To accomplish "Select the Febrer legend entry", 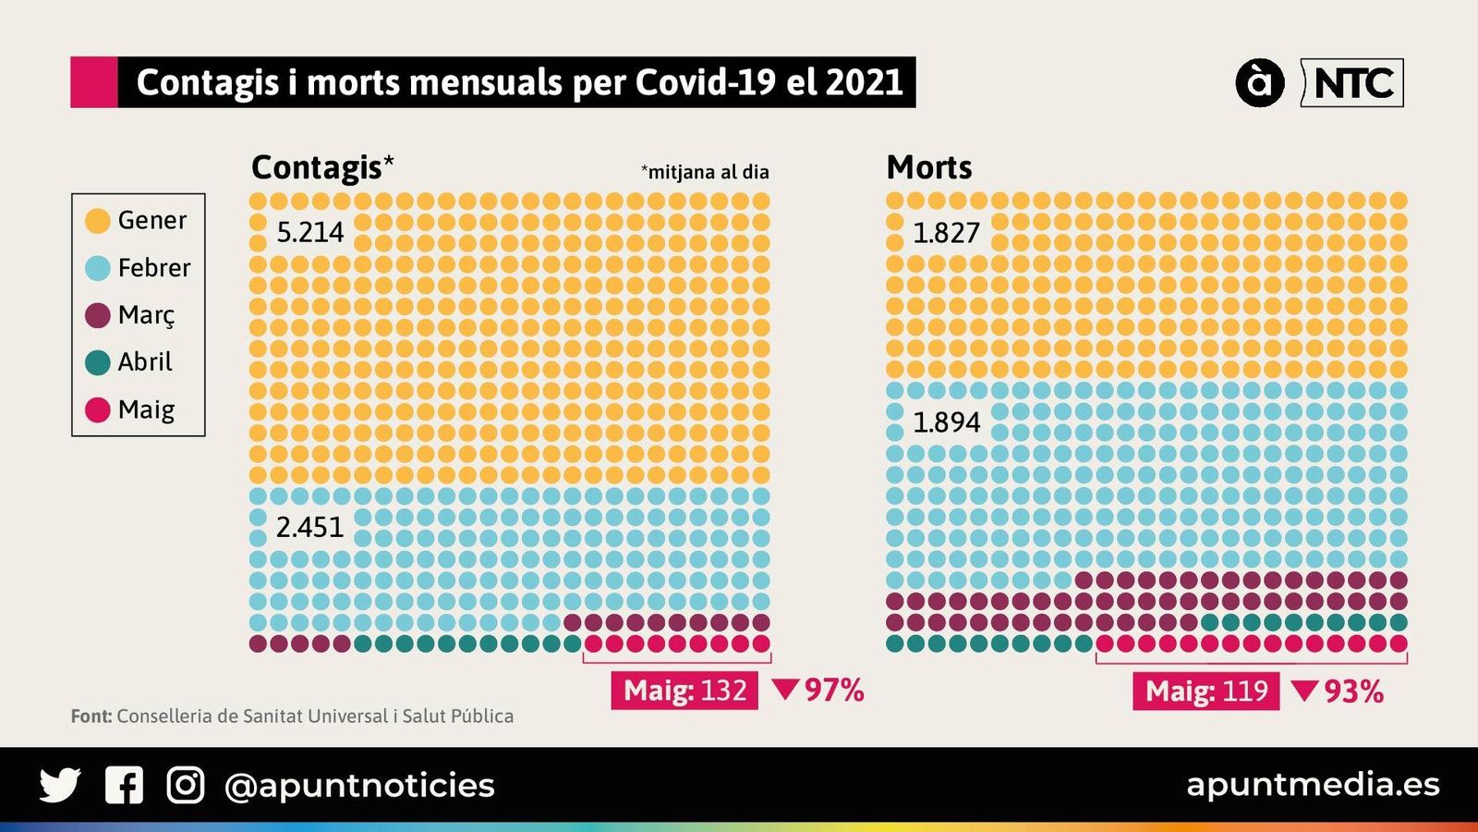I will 139,268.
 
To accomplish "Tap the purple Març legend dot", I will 98,315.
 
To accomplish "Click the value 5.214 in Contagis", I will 310,232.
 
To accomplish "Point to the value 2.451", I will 309,527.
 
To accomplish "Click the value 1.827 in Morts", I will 946,233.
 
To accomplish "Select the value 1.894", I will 946,422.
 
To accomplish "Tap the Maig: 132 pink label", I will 684,691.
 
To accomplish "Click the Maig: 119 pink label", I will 1205,691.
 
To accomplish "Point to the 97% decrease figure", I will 819,690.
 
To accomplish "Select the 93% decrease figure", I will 1339,691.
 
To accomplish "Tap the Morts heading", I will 929,167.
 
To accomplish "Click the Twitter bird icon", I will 60,785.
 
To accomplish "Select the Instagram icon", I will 186,785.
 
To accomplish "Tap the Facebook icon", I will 124,785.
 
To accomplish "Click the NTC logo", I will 1352,83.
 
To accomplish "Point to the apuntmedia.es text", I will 1313,785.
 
